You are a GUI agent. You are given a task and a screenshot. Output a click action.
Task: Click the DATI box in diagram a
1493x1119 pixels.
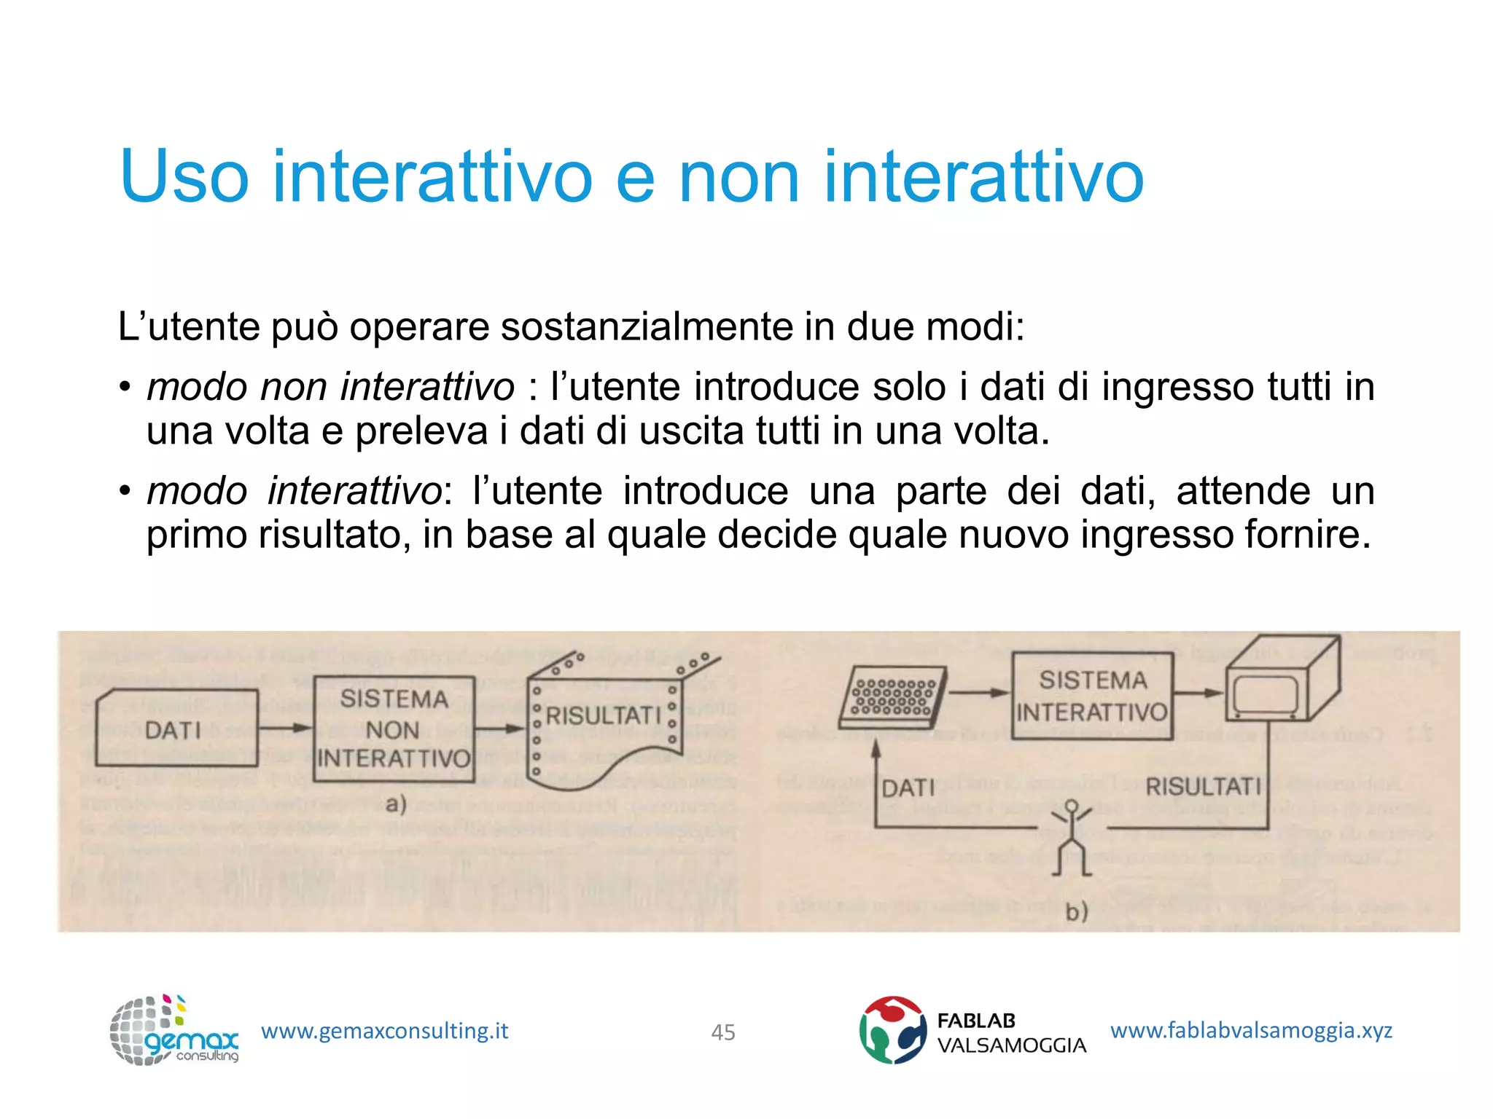click(176, 729)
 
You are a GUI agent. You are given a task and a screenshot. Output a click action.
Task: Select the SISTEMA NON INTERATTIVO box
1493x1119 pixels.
click(394, 729)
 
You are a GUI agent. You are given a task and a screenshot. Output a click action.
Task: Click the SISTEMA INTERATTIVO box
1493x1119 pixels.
click(1092, 696)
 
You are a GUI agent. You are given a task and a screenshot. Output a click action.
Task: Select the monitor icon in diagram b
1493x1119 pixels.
click(1281, 681)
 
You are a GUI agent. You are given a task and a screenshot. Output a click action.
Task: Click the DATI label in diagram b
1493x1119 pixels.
click(908, 788)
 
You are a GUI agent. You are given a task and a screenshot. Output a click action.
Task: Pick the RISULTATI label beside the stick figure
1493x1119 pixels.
click(1203, 787)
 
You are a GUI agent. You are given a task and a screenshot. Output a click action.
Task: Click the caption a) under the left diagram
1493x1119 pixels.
click(396, 804)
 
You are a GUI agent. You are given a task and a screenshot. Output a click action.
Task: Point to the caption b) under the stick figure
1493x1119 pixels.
click(1076, 911)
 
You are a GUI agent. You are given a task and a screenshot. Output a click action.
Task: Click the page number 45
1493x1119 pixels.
click(722, 1032)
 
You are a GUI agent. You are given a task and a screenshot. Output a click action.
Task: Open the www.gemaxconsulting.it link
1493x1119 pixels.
click(384, 1031)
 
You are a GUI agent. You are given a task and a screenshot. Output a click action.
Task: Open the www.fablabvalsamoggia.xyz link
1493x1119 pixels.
click(1251, 1030)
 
